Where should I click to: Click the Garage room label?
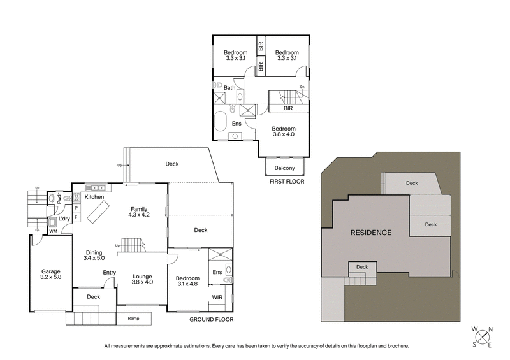51,275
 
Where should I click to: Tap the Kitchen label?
94,197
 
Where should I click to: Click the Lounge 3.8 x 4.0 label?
142,279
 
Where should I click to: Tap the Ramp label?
133,318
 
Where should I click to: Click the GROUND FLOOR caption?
212,319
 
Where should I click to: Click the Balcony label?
284,168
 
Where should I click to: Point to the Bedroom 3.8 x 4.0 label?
284,131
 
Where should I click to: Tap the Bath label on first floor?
229,88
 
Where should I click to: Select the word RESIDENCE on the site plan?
371,233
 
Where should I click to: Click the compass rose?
483,338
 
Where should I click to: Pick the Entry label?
110,273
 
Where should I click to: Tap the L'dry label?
64,219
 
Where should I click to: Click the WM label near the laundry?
52,231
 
